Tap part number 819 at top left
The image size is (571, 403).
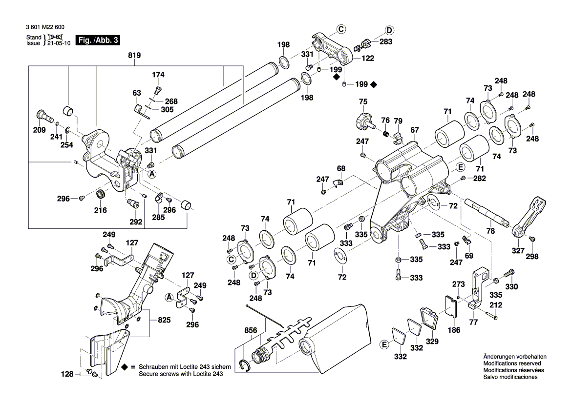click(x=134, y=56)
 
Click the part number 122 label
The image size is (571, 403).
click(x=367, y=58)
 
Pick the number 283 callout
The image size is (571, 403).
click(x=386, y=42)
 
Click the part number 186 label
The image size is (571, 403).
click(x=454, y=330)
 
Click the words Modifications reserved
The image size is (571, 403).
click(x=511, y=363)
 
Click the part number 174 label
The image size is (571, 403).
click(x=158, y=75)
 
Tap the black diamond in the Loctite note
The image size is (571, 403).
click(x=125, y=366)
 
